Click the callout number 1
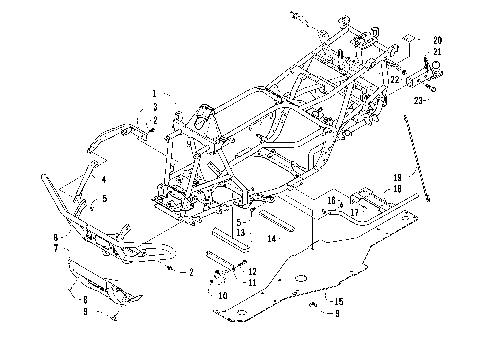click(x=155, y=93)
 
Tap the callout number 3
click(x=155, y=106)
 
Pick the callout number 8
click(x=84, y=298)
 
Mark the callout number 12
click(x=253, y=271)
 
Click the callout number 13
click(x=241, y=231)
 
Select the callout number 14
click(x=273, y=239)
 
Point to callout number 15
click(x=339, y=301)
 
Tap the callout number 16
click(x=331, y=200)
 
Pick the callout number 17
click(x=354, y=211)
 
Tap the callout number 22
click(x=395, y=78)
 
